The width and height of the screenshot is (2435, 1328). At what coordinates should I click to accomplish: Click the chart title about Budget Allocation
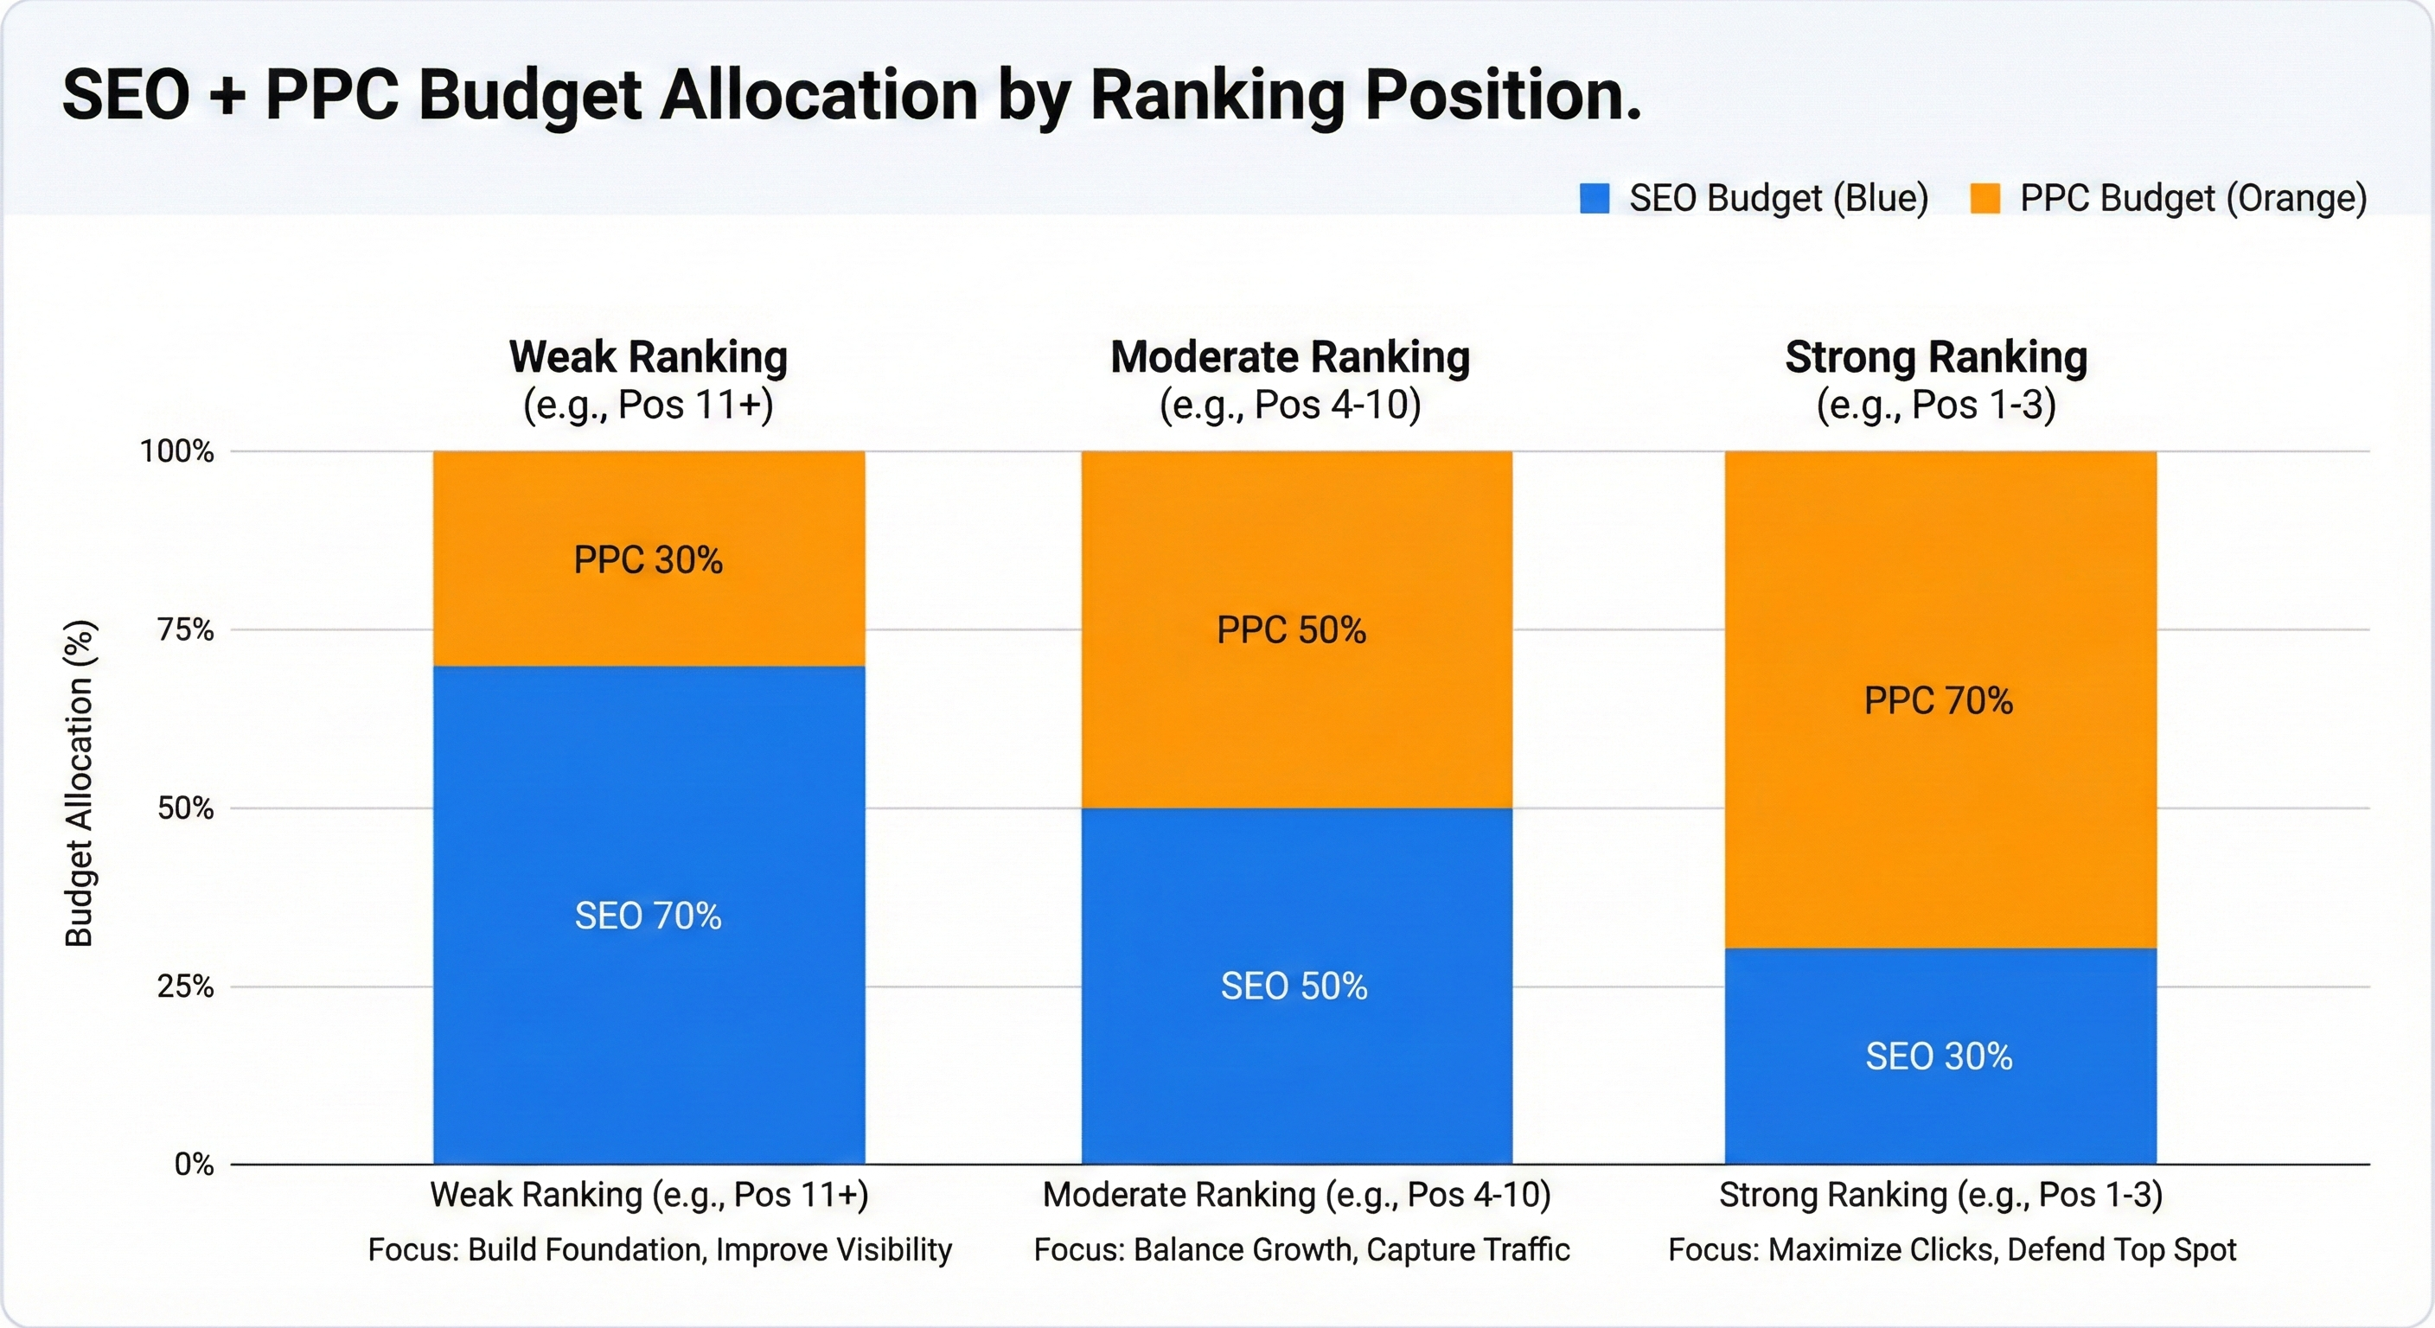[x=851, y=94]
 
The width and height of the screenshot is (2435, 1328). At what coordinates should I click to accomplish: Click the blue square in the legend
[x=1594, y=199]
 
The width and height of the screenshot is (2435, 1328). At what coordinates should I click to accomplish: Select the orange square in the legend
[x=1985, y=199]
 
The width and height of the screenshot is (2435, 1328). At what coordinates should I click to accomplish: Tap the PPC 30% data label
[x=649, y=560]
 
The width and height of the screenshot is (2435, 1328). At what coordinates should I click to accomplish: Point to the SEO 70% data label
[x=649, y=916]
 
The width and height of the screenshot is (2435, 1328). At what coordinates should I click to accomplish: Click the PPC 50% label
[x=1291, y=630]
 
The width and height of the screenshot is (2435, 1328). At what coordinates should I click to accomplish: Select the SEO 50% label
[x=1294, y=986]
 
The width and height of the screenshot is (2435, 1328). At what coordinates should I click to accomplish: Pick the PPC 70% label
[x=1939, y=701]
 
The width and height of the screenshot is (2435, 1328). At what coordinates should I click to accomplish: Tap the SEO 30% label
[x=1939, y=1057]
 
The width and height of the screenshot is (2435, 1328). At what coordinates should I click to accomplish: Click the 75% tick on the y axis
[x=186, y=629]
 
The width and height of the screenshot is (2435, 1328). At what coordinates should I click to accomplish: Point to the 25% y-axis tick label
[x=186, y=986]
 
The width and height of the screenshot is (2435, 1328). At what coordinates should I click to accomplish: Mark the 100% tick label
[x=178, y=452]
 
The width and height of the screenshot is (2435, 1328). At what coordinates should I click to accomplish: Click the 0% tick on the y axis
[x=194, y=1165]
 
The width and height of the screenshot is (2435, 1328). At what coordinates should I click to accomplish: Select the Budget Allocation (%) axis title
[x=80, y=783]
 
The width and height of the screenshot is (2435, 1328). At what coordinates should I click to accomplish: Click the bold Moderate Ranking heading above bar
[x=1290, y=357]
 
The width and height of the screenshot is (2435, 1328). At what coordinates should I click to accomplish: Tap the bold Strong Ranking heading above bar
[x=1936, y=357]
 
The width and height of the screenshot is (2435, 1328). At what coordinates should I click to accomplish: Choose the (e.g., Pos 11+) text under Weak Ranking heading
[x=649, y=405]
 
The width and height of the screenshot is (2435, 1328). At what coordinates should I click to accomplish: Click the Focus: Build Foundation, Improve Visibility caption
[x=660, y=1249]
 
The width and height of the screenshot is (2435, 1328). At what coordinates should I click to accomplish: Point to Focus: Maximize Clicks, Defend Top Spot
[x=1952, y=1249]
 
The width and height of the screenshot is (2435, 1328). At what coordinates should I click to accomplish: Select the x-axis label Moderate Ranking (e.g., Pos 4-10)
[x=1297, y=1195]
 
